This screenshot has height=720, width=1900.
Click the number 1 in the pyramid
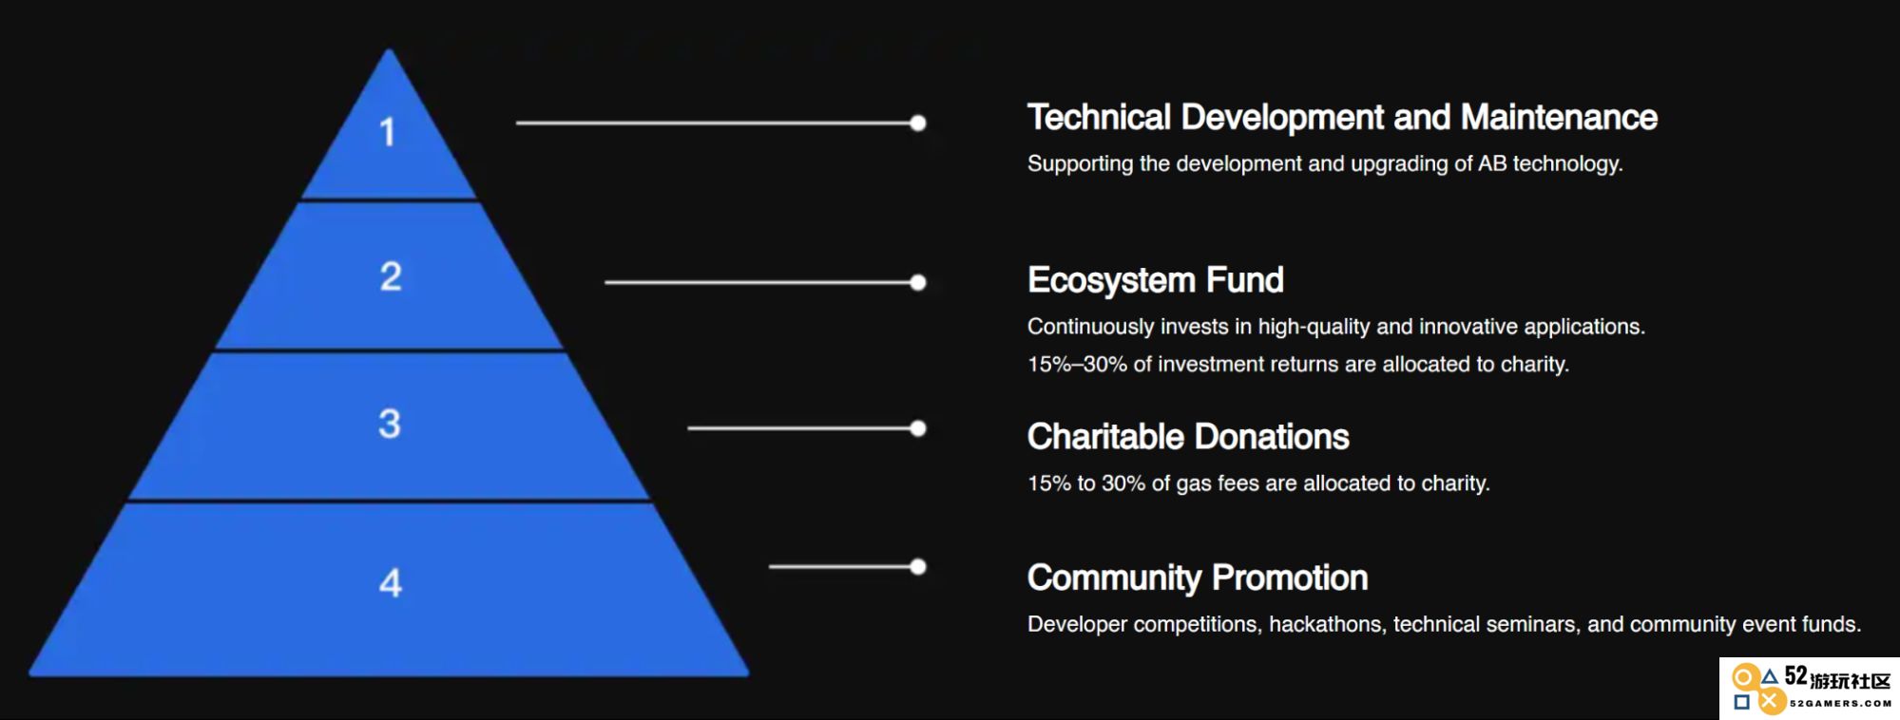coord(387,132)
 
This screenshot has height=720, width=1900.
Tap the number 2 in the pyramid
coord(391,276)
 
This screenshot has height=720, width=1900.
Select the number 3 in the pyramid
coord(390,424)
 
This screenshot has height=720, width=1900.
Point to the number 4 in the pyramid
coord(391,582)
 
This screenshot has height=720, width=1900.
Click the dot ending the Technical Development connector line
coord(917,123)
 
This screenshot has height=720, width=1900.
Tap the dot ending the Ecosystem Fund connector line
coord(917,282)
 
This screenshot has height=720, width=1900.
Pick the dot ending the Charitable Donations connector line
coord(917,428)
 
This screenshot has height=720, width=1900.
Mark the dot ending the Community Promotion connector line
coord(917,567)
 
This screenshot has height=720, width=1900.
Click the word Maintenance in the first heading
coord(1559,118)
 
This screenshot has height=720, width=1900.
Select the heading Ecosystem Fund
coord(1156,281)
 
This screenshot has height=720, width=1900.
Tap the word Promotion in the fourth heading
coord(1290,578)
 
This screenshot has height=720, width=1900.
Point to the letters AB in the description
coord(1492,163)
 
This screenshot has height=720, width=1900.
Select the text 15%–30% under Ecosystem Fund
coord(1077,364)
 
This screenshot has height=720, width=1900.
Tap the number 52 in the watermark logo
coord(1795,675)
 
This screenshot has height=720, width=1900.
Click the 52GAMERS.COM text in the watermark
coord(1840,704)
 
